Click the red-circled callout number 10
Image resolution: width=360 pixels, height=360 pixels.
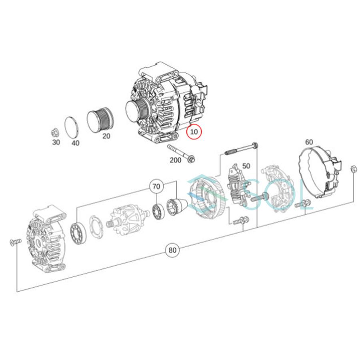pyautogui.click(x=194, y=132)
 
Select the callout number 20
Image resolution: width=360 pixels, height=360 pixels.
pyautogui.click(x=106, y=136)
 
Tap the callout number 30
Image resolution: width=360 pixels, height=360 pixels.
pyautogui.click(x=56, y=142)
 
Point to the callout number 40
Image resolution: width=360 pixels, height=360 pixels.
pyautogui.click(x=76, y=143)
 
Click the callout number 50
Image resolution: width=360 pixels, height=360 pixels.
pyautogui.click(x=246, y=166)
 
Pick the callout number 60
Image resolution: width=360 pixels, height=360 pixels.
pyautogui.click(x=309, y=142)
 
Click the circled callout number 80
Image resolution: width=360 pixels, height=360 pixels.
pyautogui.click(x=172, y=250)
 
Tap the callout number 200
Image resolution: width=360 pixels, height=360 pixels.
pyautogui.click(x=175, y=160)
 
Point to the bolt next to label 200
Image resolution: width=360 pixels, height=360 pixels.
pyautogui.click(x=181, y=154)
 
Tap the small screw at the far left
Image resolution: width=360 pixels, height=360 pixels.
pyautogui.click(x=14, y=242)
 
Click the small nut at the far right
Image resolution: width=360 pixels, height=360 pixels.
pyautogui.click(x=353, y=169)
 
